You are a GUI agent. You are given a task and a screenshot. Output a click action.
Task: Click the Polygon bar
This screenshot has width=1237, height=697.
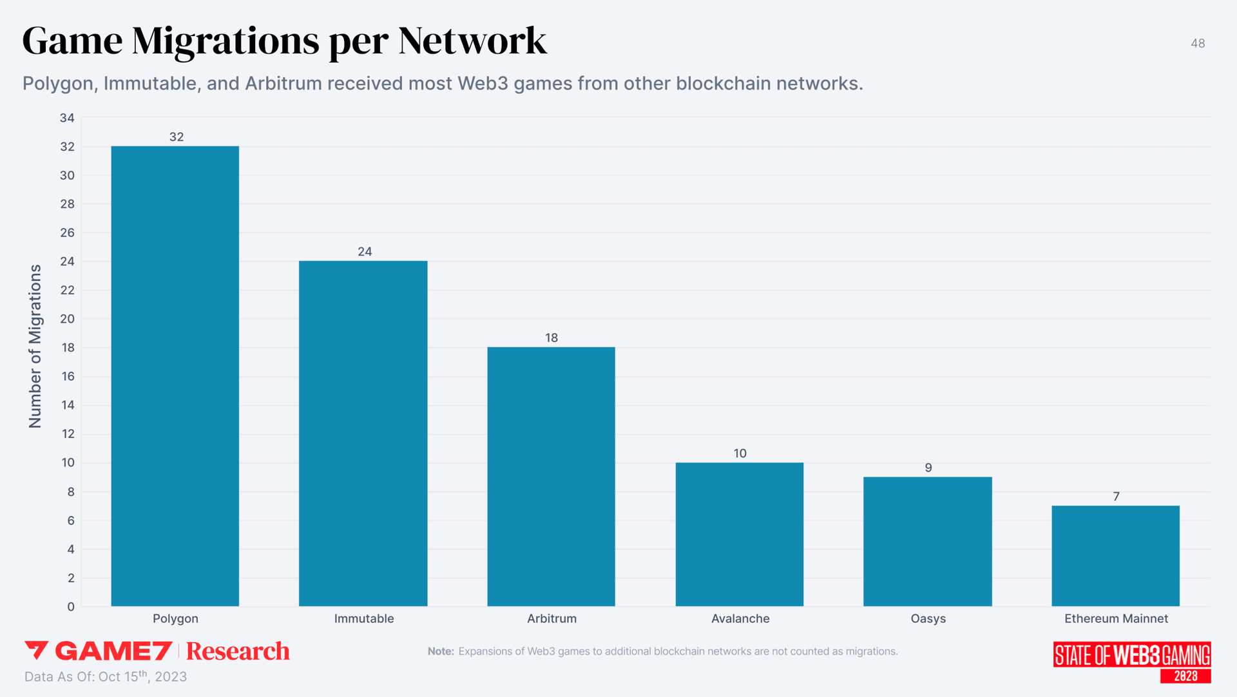[x=175, y=376]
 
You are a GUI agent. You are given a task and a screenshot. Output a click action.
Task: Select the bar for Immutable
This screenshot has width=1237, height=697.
[x=363, y=434]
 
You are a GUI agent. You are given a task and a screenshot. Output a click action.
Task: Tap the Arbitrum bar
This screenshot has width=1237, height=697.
[x=551, y=477]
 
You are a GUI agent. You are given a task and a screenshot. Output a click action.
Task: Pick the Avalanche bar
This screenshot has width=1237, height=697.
[x=740, y=534]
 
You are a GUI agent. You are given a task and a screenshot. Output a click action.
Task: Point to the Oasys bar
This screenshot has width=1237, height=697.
[x=928, y=541]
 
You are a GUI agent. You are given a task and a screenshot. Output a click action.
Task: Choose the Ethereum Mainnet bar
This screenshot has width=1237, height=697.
[x=1116, y=555]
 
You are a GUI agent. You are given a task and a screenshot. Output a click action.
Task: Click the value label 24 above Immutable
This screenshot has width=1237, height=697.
[x=365, y=252]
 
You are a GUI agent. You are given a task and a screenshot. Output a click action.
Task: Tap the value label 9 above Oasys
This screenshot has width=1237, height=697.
[x=928, y=468]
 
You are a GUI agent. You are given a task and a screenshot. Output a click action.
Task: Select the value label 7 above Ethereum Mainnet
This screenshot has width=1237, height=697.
[x=1117, y=497]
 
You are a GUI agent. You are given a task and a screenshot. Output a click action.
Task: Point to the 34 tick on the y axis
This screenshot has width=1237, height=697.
[x=67, y=118]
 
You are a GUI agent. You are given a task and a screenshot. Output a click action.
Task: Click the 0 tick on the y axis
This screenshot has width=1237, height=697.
[x=71, y=607]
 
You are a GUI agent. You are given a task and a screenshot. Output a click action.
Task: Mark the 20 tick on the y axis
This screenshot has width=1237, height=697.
[x=67, y=319]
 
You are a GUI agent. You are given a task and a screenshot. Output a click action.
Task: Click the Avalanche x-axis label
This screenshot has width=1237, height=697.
[x=740, y=618]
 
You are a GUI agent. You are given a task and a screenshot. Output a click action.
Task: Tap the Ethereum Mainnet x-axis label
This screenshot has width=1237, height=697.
[x=1116, y=618]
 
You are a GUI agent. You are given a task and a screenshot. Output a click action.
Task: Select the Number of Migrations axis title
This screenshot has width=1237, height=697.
[x=35, y=346]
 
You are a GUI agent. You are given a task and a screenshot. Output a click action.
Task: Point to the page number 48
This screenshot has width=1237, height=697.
[x=1198, y=43]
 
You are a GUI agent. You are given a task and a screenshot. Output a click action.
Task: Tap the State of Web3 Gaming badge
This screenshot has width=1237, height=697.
[x=1132, y=662]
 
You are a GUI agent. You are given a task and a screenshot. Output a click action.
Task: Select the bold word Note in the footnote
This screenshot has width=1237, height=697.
[x=441, y=651]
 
